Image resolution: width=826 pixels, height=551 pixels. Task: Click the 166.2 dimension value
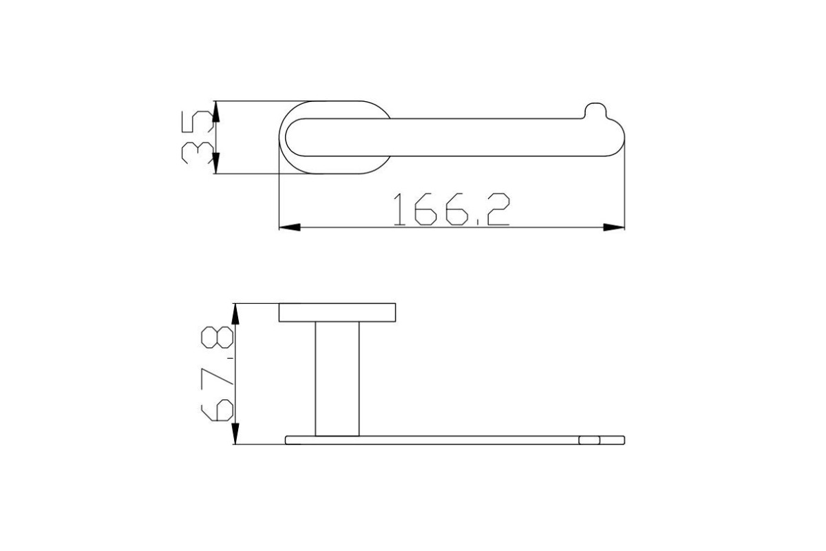tap(452, 209)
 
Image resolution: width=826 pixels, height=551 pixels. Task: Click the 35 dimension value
tap(198, 137)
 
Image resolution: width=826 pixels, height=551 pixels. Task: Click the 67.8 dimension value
tap(218, 373)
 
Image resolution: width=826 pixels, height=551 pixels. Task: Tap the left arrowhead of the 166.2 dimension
tap(290, 227)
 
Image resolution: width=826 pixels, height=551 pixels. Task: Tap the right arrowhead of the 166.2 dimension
tap(614, 227)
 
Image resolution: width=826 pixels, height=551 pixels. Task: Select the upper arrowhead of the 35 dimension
tap(216, 112)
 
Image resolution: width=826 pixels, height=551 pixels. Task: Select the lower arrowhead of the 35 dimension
tap(216, 163)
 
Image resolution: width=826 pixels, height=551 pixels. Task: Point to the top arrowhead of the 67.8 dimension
tap(235, 314)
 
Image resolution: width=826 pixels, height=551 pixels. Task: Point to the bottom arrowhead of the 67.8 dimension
tap(235, 434)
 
